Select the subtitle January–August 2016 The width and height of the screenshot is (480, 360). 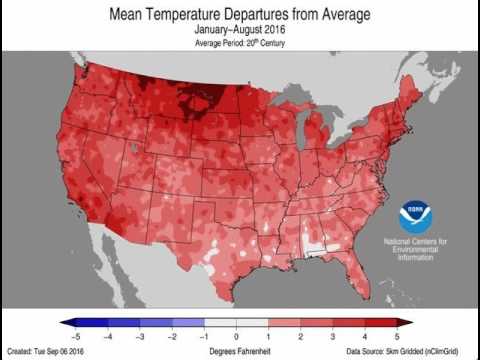point(239,31)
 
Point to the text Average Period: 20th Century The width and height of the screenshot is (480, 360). point(239,44)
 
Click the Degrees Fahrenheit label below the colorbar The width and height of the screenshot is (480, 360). point(238,352)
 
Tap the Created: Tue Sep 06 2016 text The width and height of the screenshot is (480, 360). point(47,352)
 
